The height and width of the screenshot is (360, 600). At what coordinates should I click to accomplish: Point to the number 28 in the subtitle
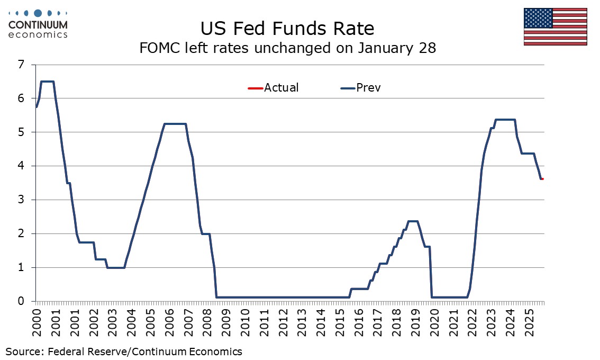[x=428, y=48]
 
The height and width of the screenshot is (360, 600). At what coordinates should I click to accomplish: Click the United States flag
[x=555, y=26]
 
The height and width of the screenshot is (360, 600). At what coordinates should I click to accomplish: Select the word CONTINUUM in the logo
[x=38, y=25]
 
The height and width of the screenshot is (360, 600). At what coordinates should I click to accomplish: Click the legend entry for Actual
[x=281, y=88]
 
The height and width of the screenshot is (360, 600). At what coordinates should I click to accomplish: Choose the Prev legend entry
[x=368, y=88]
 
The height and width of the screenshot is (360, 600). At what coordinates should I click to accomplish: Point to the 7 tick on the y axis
[x=22, y=65]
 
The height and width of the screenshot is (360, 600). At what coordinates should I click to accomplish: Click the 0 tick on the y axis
[x=22, y=301]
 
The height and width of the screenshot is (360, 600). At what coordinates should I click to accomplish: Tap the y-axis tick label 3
[x=22, y=200]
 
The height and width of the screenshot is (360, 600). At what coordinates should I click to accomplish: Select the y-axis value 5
[x=22, y=132]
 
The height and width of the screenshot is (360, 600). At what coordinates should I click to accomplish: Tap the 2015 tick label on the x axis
[x=339, y=323]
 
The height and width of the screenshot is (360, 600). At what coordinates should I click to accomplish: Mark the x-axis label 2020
[x=434, y=323]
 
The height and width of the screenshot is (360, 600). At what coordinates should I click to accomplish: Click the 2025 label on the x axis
[x=529, y=323]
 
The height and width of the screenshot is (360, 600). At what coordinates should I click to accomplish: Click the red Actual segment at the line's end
[x=542, y=179]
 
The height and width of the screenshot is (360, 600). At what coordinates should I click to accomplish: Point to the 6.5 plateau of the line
[x=47, y=82]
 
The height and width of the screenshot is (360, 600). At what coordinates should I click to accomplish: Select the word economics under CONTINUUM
[x=38, y=35]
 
